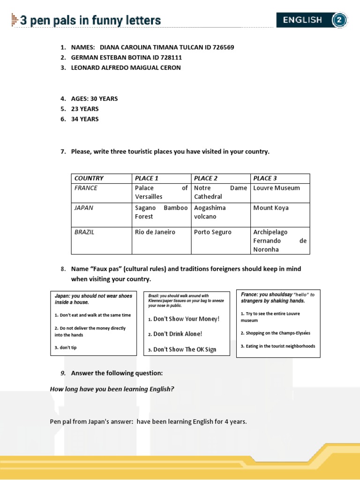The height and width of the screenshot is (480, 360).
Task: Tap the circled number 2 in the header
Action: coord(339,20)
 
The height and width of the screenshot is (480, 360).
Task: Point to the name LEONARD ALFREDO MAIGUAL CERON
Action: coord(126,67)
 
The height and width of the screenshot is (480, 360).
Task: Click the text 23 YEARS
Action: coord(85,109)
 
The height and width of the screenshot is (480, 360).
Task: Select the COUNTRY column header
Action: coord(89,178)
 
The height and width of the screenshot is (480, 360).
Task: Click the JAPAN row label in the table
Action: coord(84,208)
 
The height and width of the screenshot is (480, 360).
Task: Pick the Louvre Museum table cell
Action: coord(276,188)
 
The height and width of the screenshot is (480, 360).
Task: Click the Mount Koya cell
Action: coord(271,208)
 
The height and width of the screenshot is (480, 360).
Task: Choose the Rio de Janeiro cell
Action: coord(155,232)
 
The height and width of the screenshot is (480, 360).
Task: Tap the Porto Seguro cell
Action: coord(213,232)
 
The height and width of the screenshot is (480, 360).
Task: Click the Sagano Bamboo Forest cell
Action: coord(161,212)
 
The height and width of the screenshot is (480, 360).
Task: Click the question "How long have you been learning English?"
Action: coord(112,389)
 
